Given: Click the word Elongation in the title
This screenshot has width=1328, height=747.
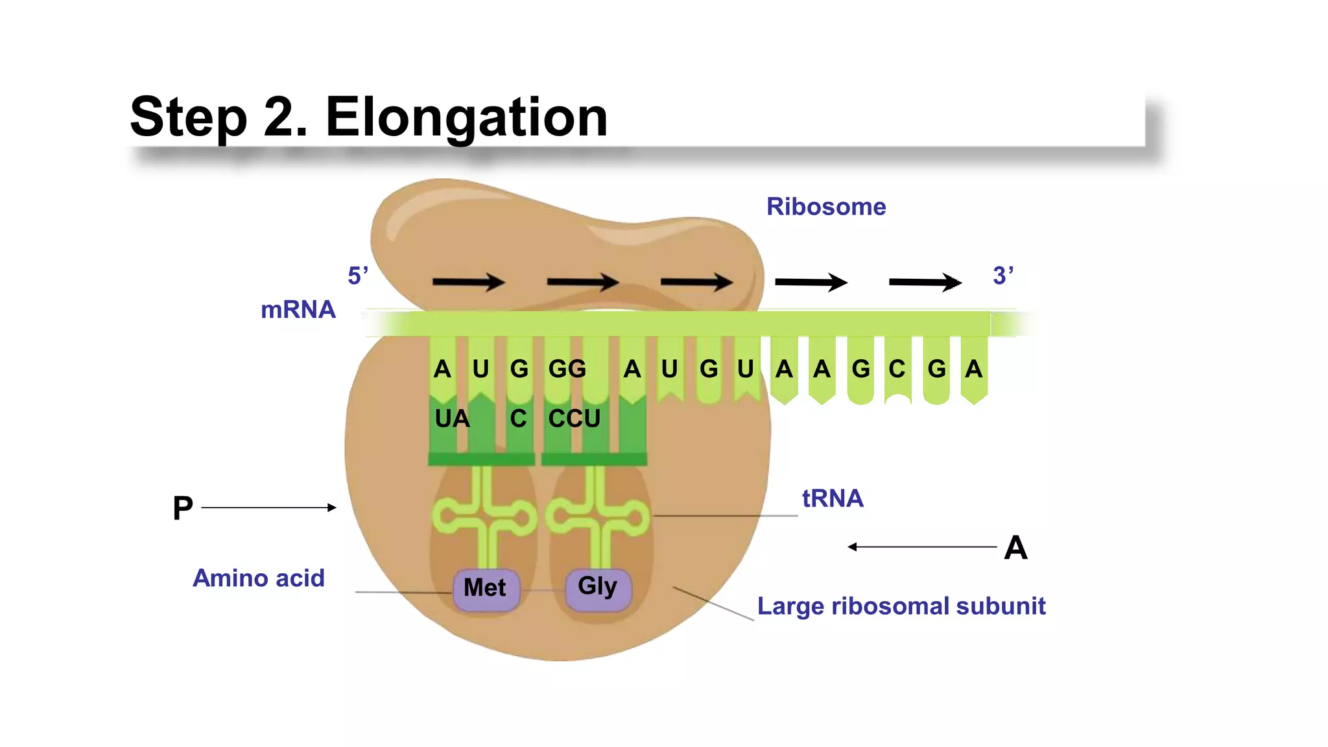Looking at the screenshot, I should [x=466, y=117].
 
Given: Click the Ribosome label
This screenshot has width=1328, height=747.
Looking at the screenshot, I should [x=825, y=207].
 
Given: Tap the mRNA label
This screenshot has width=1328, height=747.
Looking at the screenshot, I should [x=298, y=310].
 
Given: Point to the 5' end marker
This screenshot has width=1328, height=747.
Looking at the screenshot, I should [x=358, y=276].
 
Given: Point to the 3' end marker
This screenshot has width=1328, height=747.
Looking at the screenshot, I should [x=1002, y=276].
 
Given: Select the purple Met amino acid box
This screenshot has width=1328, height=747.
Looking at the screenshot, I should [x=486, y=588].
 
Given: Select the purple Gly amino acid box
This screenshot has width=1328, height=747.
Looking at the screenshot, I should [x=598, y=587].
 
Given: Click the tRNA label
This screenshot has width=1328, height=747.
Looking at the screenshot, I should [x=833, y=499].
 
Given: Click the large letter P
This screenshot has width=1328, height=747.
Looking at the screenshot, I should [x=183, y=508].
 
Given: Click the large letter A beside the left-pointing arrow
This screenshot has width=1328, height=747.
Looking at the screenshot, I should [x=1015, y=548].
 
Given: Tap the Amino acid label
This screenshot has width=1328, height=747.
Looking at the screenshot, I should [x=259, y=578].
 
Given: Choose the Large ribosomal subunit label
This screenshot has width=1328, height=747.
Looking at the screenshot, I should [x=901, y=606].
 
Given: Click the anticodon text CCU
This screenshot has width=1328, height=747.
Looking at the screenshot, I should [x=575, y=419].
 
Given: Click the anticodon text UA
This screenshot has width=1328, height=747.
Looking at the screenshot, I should [x=452, y=419].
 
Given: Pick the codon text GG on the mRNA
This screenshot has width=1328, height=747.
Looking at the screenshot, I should [x=567, y=369].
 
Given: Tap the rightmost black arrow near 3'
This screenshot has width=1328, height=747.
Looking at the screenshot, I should [x=925, y=282].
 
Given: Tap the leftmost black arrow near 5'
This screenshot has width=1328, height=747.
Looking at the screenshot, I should [x=468, y=282].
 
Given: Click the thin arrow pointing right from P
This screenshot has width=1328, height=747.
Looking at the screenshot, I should [x=268, y=508].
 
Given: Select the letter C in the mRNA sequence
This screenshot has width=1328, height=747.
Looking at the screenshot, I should [x=897, y=369].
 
